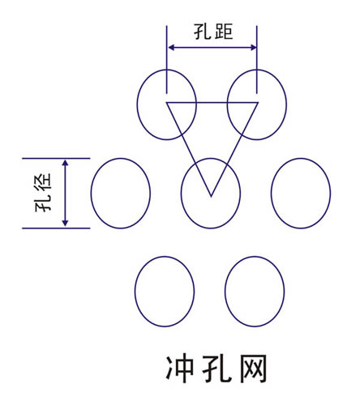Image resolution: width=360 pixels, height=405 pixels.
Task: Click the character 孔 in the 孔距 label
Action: tap(203, 32)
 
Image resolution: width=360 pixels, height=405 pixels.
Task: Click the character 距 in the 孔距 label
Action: tap(224, 32)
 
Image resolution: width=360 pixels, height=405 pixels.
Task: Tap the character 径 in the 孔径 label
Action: tap(43, 181)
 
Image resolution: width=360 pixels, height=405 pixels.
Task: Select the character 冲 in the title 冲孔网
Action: tap(180, 369)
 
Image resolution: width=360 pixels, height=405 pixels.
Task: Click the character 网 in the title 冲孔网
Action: tap(254, 369)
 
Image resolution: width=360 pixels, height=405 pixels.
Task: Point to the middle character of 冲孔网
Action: tap(216, 369)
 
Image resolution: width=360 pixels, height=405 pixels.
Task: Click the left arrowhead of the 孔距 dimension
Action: tap(172, 48)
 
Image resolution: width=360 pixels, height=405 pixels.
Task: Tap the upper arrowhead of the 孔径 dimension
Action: tap(65, 163)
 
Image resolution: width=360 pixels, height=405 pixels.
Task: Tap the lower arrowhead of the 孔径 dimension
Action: tap(65, 222)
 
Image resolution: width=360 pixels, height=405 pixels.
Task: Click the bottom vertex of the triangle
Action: tap(211, 196)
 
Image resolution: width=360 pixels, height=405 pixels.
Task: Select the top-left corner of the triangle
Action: tap(166, 103)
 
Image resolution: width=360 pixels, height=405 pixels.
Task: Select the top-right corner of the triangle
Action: tap(258, 103)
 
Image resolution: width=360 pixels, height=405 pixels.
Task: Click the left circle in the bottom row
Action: tap(135, 292)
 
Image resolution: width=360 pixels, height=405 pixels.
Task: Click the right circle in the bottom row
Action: tap(225, 292)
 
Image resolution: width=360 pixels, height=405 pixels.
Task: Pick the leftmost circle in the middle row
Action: tap(91, 194)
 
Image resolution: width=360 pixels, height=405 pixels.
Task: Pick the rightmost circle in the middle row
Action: tap(271, 194)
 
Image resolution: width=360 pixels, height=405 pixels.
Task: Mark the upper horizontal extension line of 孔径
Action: tap(56, 158)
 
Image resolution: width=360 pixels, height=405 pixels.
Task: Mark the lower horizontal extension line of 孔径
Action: tap(56, 228)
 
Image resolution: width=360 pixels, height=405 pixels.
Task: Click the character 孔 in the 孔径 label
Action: tap(43, 203)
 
